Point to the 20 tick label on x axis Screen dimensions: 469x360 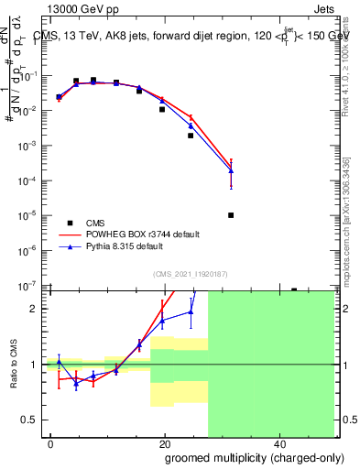pyautogui.click(x=164, y=442)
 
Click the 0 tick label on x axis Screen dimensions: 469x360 pyautogui.click(x=51, y=442)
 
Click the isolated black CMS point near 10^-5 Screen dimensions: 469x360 pyautogui.click(x=231, y=215)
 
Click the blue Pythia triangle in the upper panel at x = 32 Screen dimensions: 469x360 pyautogui.click(x=231, y=170)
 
